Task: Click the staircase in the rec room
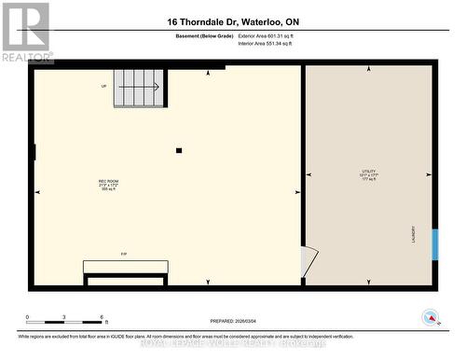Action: point(138,88)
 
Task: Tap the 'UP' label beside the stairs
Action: point(104,87)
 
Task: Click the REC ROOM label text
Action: point(108,181)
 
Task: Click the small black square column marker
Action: point(179,150)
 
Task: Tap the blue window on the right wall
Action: point(434,242)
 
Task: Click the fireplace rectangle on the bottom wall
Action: point(125,267)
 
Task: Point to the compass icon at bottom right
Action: point(430,317)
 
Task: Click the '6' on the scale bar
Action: point(100,317)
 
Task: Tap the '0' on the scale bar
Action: point(28,317)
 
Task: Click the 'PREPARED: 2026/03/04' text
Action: point(232,321)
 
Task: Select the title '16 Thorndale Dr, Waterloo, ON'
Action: point(234,21)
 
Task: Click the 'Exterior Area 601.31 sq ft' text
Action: point(272,35)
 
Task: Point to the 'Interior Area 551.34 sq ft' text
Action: point(271,43)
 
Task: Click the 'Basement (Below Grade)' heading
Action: point(204,35)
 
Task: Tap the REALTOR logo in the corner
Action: point(26,32)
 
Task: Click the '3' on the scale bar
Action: point(63,317)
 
